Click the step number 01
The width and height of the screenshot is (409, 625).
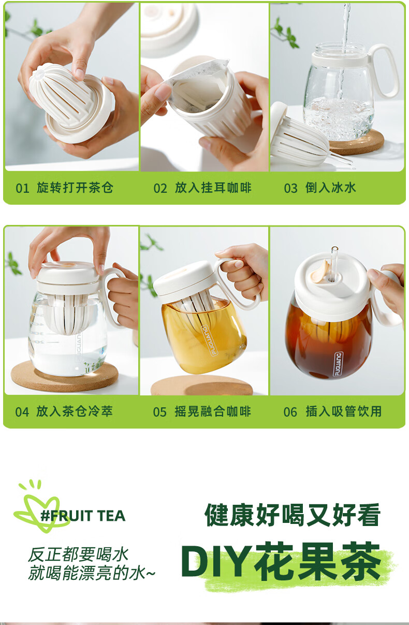(x=22, y=188)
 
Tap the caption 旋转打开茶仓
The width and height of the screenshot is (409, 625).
(x=75, y=188)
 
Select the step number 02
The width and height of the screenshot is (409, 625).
(x=160, y=188)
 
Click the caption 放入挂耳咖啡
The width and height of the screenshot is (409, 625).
(x=213, y=188)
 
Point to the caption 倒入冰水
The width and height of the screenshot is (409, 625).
(x=331, y=188)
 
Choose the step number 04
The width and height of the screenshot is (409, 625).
(x=22, y=412)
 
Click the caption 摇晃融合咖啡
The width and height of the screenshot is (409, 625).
(x=213, y=411)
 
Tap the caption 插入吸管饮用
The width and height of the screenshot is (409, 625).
(x=343, y=411)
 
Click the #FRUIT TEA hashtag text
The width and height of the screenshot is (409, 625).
(x=83, y=516)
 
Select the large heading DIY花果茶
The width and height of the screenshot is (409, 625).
(x=281, y=562)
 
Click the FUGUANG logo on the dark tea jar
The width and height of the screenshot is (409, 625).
(x=339, y=364)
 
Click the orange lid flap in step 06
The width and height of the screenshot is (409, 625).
(x=320, y=270)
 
